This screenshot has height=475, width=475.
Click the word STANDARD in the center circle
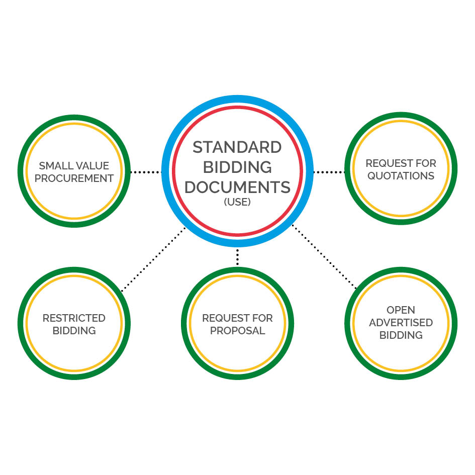tap(237, 147)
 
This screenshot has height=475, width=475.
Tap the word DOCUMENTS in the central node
tap(237, 187)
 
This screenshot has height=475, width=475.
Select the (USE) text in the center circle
tap(237, 202)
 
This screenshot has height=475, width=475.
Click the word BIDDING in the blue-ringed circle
tap(237, 167)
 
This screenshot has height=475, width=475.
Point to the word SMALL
tap(52, 166)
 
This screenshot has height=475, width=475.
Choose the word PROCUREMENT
tap(74, 178)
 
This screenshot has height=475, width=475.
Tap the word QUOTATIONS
tap(401, 176)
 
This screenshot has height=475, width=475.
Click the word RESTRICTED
tap(74, 318)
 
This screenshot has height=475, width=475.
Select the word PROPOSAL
tap(237, 331)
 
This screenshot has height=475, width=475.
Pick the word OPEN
tap(401, 310)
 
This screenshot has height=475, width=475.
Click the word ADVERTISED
tap(401, 323)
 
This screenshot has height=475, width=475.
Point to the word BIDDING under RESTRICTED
tap(74, 331)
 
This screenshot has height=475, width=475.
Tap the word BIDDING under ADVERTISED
tap(401, 335)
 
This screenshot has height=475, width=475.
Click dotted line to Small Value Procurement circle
tap(145, 172)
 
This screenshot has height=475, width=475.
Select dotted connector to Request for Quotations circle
tap(329, 172)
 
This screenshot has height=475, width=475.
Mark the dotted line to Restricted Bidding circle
tap(153, 259)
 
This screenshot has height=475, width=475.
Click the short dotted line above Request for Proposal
tap(237, 257)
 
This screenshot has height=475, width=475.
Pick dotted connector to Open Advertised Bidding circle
tap(324, 256)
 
